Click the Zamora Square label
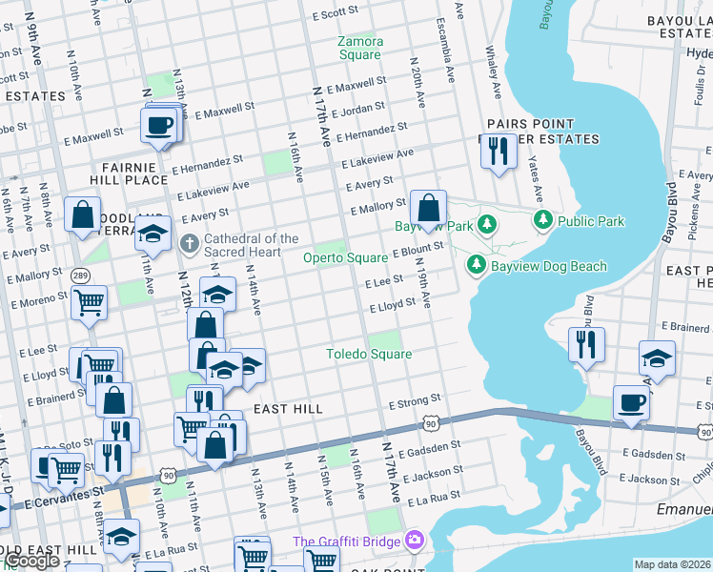360,48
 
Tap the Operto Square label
345,258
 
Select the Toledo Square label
369,354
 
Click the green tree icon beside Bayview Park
487,225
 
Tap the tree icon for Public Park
543,221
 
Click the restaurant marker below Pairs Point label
498,151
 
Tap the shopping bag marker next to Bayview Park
429,207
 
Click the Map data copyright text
672,564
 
